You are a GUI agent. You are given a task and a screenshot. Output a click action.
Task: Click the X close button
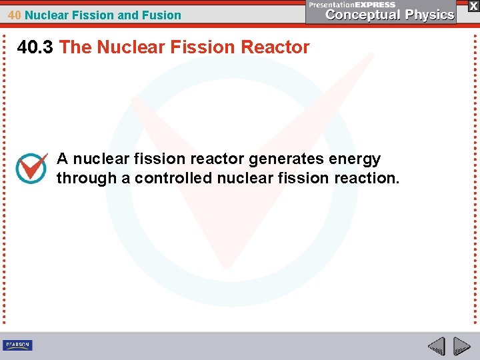(x=473, y=5)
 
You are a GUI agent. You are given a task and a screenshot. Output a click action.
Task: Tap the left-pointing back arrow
(x=436, y=345)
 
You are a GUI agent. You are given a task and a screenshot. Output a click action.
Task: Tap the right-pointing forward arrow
(x=461, y=345)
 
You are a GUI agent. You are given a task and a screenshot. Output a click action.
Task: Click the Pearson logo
(x=17, y=345)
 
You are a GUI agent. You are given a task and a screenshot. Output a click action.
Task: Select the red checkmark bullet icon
(x=31, y=168)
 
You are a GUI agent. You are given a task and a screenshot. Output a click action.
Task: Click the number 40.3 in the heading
(x=35, y=47)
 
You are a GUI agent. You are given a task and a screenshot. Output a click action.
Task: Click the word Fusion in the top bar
(x=163, y=15)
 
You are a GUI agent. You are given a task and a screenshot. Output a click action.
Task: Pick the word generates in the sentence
(x=287, y=159)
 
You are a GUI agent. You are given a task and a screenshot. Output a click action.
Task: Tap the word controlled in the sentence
(x=177, y=178)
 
